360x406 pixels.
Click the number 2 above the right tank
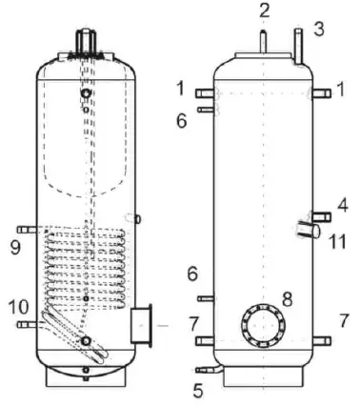[265, 11]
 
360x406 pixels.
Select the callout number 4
[341, 203]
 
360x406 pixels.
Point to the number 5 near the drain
[197, 389]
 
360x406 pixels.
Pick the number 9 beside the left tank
[15, 249]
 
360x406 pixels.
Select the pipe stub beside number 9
[31, 230]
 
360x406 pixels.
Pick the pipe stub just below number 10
[26, 325]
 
